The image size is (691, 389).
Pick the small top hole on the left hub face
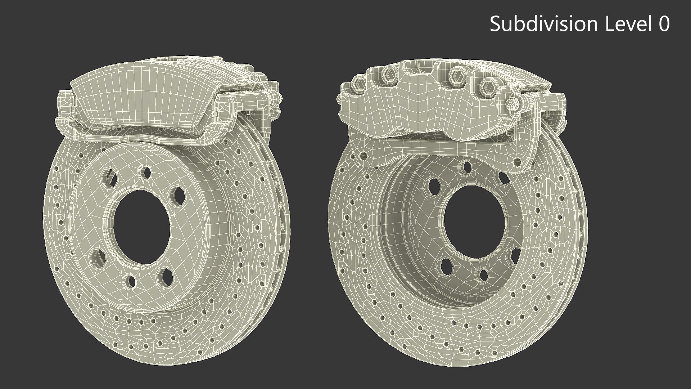click(146, 173)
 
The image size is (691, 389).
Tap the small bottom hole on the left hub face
click(131, 280)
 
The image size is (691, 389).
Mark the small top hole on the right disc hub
click(467, 166)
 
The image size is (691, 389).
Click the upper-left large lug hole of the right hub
click(434, 185)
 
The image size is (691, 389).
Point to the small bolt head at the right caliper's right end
click(512, 104)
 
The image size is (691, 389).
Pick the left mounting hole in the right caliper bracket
click(363, 156)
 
